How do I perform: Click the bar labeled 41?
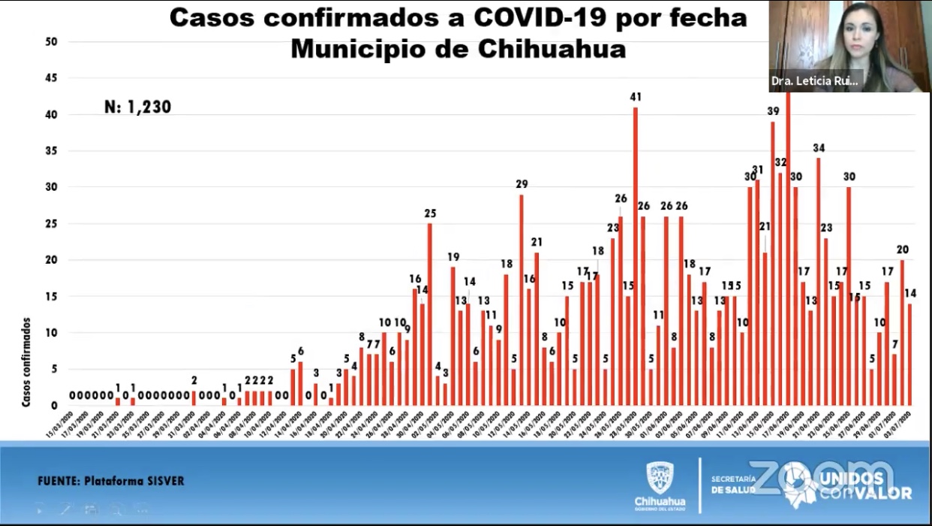[636, 255]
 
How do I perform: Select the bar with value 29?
[522, 301]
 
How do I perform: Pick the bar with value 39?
[773, 263]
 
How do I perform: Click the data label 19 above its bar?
[453, 256]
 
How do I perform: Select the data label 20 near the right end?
[902, 249]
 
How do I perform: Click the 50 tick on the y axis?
[51, 42]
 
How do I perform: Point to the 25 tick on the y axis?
[51, 224]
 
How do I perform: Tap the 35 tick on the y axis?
[51, 151]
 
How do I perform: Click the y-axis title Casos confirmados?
[26, 362]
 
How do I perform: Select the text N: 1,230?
[138, 107]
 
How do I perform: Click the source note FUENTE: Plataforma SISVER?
[110, 481]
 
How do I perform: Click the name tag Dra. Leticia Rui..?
[814, 80]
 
